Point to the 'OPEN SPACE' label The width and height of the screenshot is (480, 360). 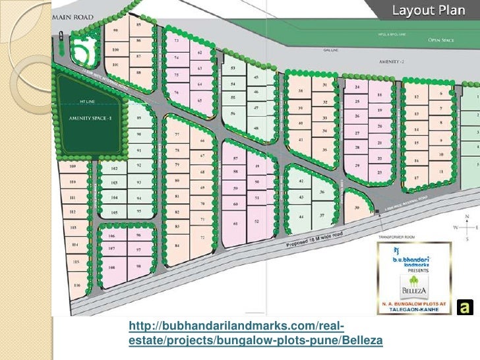tap(443, 40)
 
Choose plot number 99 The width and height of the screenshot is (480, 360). tap(116, 31)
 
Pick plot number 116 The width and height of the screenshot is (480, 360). tap(78, 285)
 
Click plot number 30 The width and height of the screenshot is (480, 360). tap(357, 207)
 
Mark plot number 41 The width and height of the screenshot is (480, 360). tap(301, 140)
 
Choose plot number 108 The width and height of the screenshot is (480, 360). tap(113, 268)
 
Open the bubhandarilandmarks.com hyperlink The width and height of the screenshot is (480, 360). tap(255, 333)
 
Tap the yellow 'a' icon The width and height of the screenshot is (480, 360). tap(465, 307)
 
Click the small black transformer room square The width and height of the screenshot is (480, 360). tap(376, 211)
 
